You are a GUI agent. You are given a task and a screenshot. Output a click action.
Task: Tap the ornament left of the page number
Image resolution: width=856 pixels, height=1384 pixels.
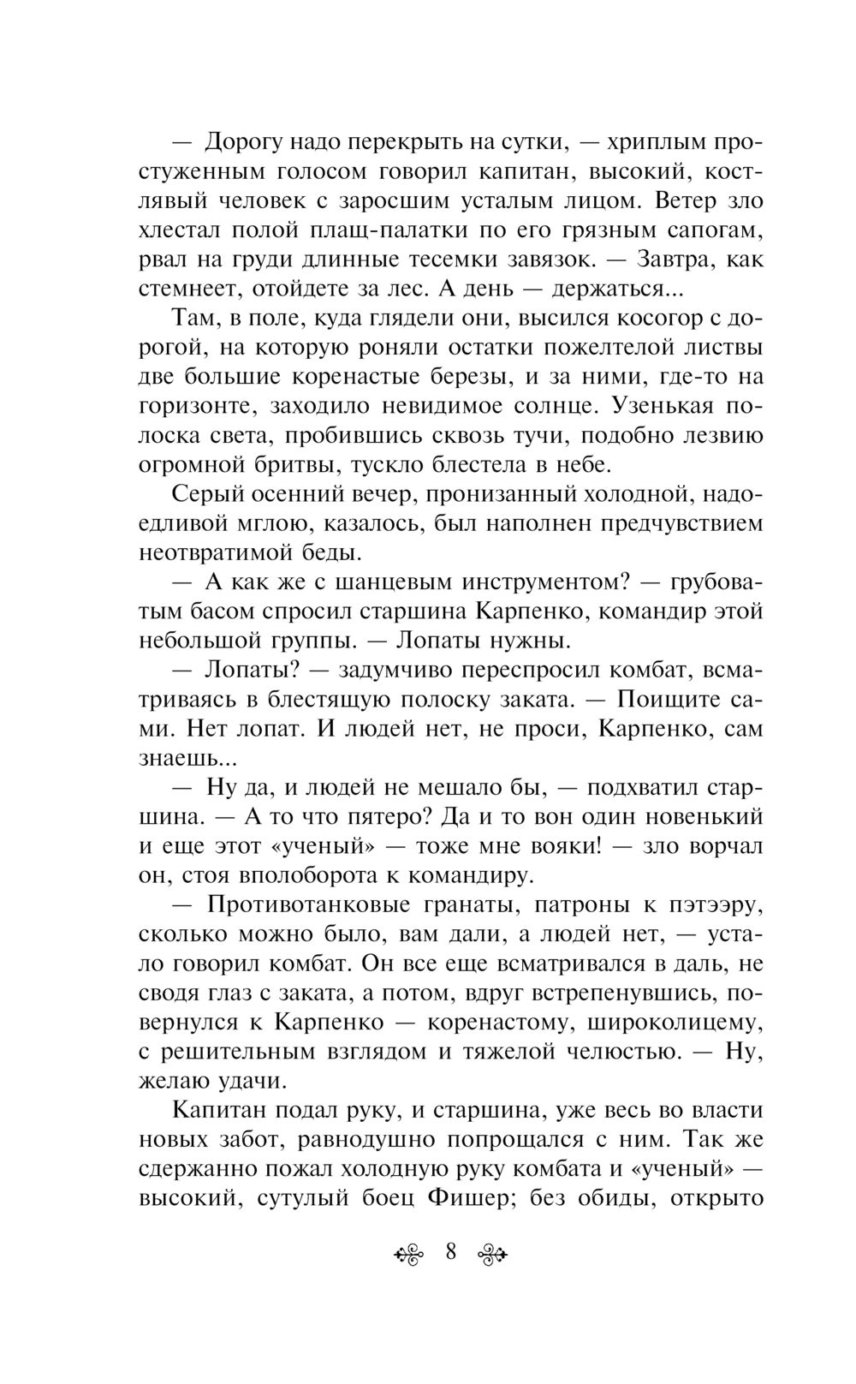click(x=409, y=1255)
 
